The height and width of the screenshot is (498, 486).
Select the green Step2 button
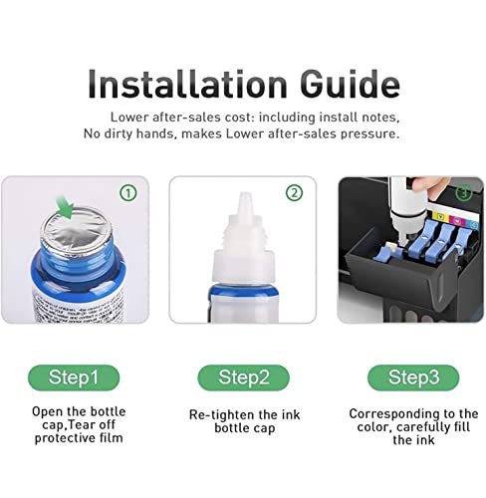point(243,378)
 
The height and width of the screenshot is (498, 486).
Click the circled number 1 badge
point(127,193)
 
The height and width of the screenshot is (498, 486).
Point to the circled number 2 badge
point(293,193)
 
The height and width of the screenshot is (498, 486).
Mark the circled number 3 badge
point(462,193)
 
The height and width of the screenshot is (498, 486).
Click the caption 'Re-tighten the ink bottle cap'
point(243,420)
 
